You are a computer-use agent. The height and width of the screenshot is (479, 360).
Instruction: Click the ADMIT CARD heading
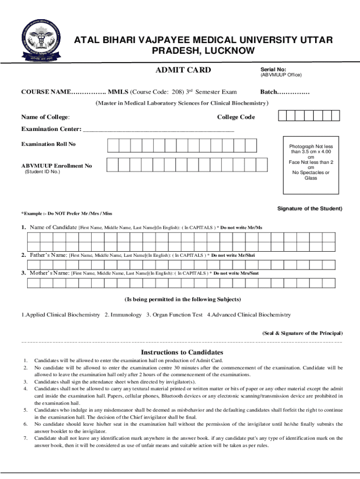pos(183,70)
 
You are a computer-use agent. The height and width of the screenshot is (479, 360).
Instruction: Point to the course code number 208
pos(178,92)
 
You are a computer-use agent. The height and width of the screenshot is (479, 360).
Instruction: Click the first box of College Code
pos(283,116)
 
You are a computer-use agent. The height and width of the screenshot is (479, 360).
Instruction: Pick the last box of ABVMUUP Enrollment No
pos(262,165)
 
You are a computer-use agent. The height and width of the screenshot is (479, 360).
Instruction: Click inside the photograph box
pos(311,166)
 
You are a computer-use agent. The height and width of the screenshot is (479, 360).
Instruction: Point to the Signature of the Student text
pos(310,208)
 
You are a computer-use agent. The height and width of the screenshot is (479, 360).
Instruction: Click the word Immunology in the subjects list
pos(126,315)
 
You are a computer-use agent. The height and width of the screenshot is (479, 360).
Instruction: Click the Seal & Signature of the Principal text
pos(302,333)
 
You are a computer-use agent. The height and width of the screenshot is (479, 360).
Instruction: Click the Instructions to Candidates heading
pos(182,352)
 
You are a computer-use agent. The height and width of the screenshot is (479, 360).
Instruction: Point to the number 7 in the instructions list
pos(25,438)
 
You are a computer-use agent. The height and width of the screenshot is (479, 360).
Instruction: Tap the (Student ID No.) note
pos(42,172)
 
